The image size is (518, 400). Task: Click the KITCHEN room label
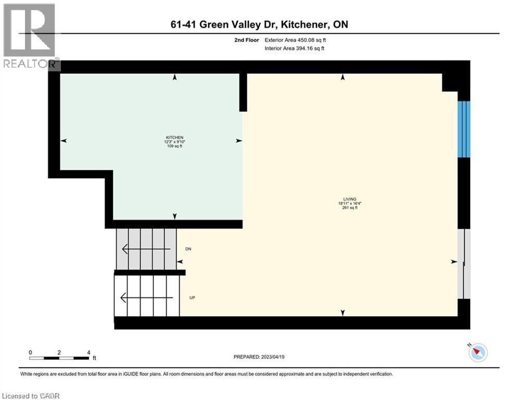175,137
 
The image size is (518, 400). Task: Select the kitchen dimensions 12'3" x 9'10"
175,142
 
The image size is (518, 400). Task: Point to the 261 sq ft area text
343,208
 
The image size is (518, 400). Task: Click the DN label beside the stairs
188,249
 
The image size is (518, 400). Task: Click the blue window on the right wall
463,129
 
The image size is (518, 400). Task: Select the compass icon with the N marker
477,353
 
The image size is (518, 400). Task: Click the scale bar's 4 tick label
89,352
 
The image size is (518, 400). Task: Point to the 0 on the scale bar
31,352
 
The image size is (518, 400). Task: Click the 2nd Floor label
248,40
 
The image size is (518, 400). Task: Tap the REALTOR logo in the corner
30,36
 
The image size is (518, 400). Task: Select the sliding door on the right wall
463,264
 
